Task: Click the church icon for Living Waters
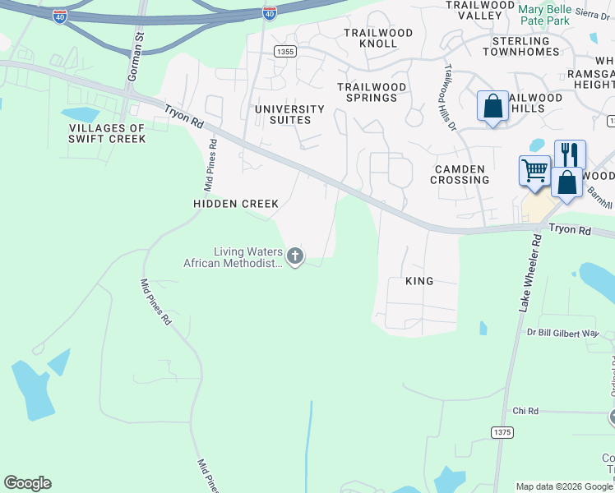coord(294,257)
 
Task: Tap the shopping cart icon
coord(534,171)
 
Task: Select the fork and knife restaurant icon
coord(570,154)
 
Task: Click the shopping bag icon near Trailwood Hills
coord(492,106)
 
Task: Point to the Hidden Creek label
coord(236,203)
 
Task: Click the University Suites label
coord(289,114)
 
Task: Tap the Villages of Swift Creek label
coord(107,133)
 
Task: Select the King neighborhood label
coord(419,281)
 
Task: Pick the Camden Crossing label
coord(460,173)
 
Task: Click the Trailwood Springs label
coord(372,92)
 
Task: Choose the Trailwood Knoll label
coord(371,38)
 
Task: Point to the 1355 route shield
coord(284,51)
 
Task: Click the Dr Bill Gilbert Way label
coord(563,333)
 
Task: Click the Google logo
coord(27,483)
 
